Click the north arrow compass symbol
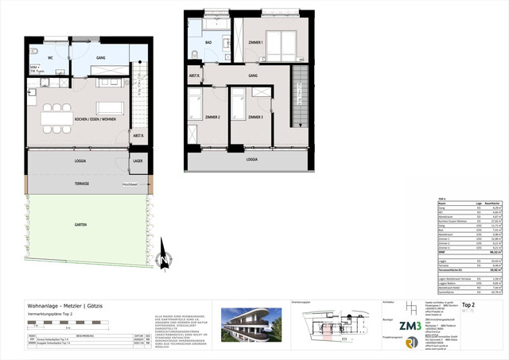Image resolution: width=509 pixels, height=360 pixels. pos(162,260)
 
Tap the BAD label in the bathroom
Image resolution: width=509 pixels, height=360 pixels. pos(208,44)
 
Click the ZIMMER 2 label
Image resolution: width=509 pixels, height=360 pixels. pos(212,118)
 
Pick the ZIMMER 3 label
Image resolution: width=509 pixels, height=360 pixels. pos(254,118)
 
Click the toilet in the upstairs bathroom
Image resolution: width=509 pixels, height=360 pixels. pos(196,54)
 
